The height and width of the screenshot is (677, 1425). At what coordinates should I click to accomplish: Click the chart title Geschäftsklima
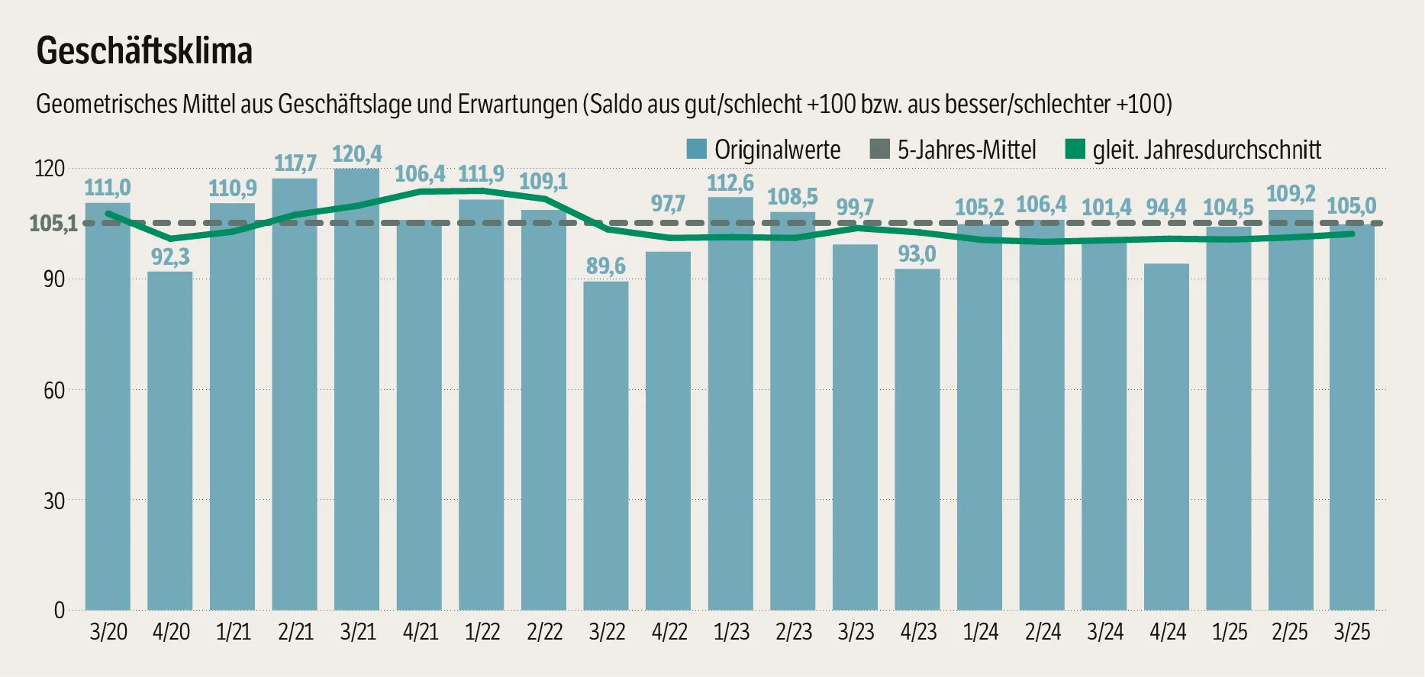pyautogui.click(x=144, y=51)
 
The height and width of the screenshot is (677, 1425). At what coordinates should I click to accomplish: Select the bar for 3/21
pyautogui.click(x=356, y=389)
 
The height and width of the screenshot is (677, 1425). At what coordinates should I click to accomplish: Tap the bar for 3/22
pyautogui.click(x=606, y=446)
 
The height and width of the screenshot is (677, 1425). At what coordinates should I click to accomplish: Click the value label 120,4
pyautogui.click(x=356, y=154)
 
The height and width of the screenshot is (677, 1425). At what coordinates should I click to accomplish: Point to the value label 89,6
pyautogui.click(x=605, y=266)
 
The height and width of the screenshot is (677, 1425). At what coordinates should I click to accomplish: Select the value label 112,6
pyautogui.click(x=730, y=183)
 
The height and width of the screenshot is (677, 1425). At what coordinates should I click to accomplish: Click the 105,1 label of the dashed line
pyautogui.click(x=53, y=224)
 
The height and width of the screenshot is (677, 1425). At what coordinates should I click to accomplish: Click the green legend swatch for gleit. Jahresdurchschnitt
pyautogui.click(x=1075, y=149)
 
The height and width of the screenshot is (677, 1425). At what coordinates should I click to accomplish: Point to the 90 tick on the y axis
pyautogui.click(x=54, y=279)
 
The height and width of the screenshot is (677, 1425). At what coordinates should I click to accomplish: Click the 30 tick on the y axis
pyautogui.click(x=54, y=501)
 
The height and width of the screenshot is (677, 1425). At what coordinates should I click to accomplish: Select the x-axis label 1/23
pyautogui.click(x=731, y=632)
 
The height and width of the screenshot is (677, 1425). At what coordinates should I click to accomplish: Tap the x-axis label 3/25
pyautogui.click(x=1352, y=632)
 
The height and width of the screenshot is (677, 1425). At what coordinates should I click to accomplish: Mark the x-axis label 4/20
pyautogui.click(x=171, y=632)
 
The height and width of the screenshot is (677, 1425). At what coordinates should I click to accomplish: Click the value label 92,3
pyautogui.click(x=170, y=257)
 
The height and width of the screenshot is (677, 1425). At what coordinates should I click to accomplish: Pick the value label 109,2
pyautogui.click(x=1291, y=194)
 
